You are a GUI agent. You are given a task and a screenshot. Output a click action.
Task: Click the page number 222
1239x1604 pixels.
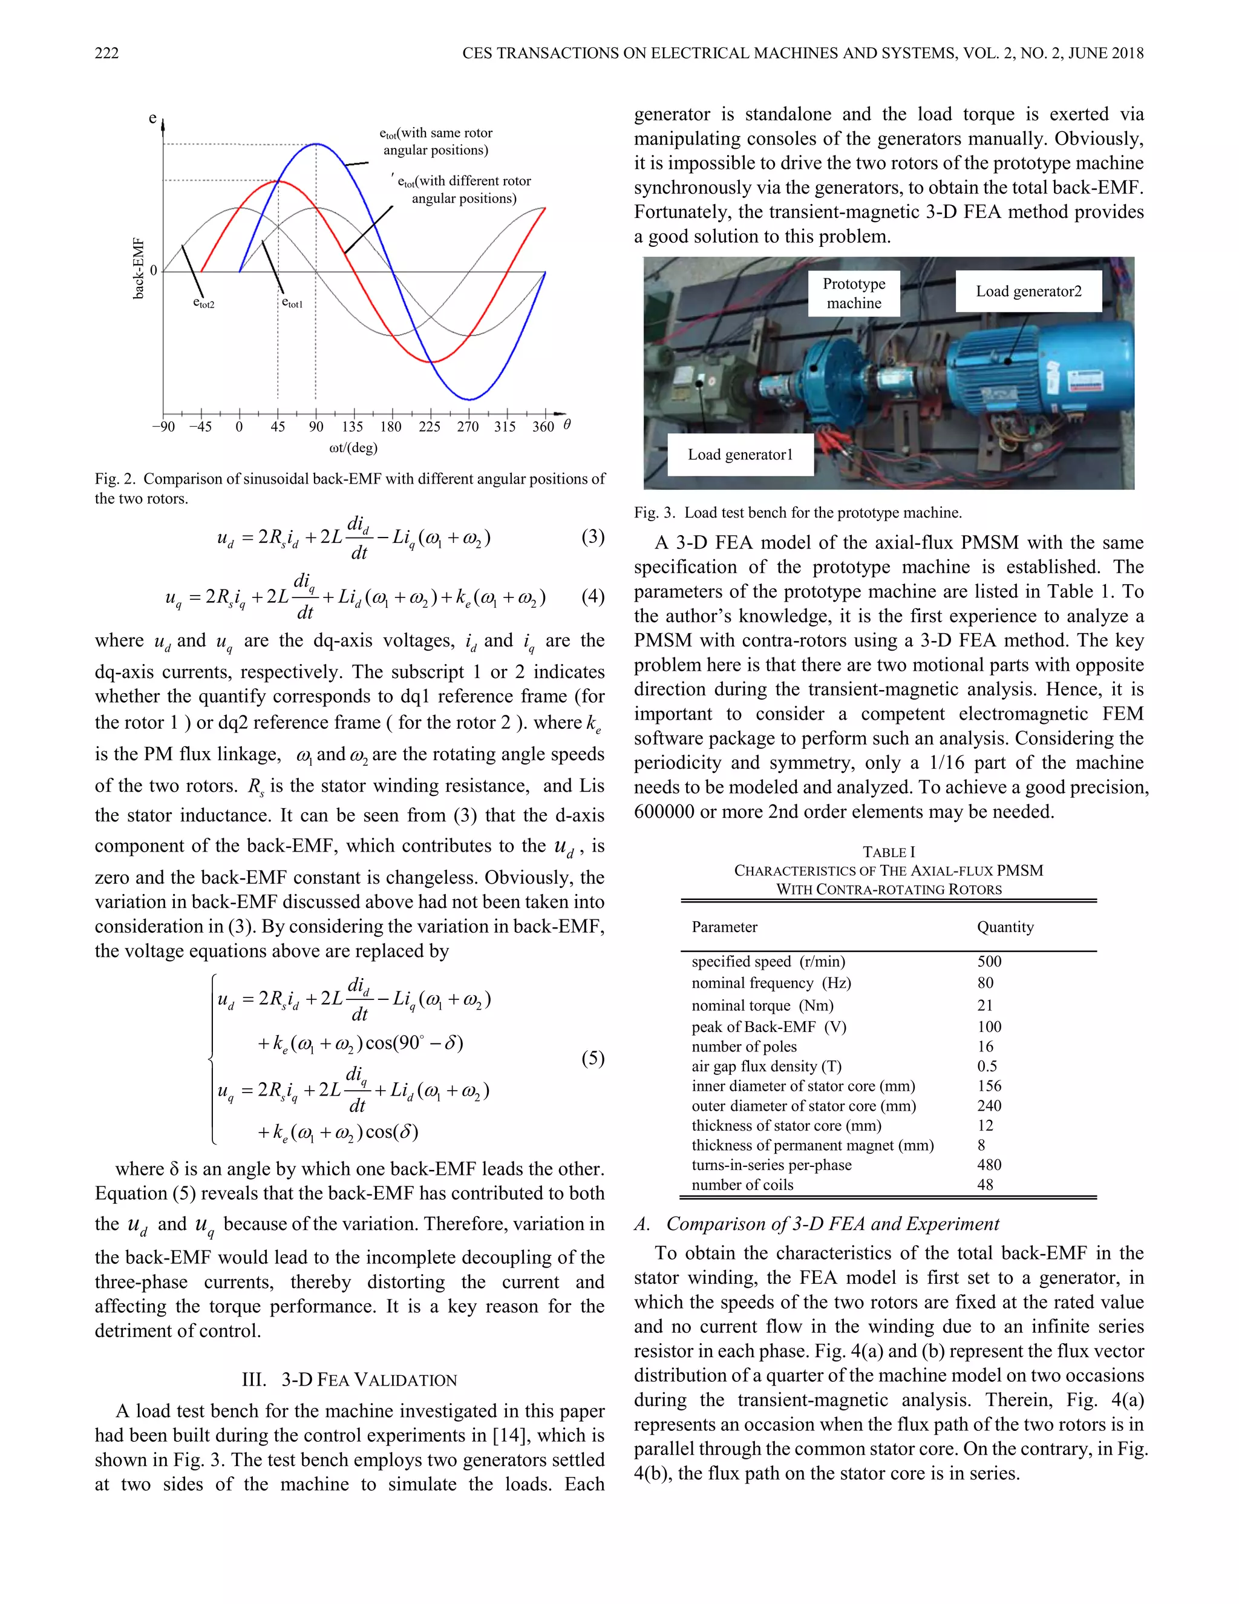click(x=106, y=53)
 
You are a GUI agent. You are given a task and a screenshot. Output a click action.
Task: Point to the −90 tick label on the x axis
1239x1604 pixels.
click(x=163, y=427)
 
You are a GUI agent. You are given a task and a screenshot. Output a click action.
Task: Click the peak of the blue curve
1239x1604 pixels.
click(x=316, y=144)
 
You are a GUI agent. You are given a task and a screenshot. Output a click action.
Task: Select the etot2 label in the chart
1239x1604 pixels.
click(x=203, y=303)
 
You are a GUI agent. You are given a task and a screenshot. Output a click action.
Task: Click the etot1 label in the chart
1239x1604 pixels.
click(x=292, y=303)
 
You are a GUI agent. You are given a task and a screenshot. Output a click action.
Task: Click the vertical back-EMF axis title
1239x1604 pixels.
click(x=138, y=269)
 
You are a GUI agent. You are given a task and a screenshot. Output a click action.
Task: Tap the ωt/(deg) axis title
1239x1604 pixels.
click(x=353, y=447)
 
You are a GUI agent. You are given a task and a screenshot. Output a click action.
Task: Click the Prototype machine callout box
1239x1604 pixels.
click(x=854, y=293)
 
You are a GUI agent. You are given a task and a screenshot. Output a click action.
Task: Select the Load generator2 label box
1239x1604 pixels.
click(x=1028, y=292)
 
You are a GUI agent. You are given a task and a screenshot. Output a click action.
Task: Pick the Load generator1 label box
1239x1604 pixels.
click(x=740, y=455)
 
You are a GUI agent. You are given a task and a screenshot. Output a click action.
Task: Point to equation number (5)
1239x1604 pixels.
click(x=592, y=1057)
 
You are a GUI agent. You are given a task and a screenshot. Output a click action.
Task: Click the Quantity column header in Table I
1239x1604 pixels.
click(x=1005, y=927)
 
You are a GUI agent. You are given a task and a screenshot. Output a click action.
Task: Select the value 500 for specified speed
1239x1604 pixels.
click(x=989, y=961)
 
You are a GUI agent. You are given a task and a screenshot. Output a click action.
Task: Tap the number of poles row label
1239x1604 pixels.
click(x=744, y=1047)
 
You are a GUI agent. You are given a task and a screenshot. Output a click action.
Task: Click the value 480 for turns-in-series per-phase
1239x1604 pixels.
click(x=989, y=1165)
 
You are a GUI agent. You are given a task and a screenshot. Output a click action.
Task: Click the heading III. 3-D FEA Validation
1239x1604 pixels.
click(x=350, y=1380)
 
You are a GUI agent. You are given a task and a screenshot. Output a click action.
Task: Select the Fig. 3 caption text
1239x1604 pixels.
click(x=798, y=513)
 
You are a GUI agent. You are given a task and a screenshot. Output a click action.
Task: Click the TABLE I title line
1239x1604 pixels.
click(x=888, y=852)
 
